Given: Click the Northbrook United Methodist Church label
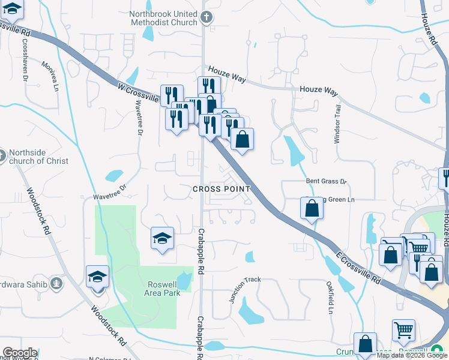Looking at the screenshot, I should tap(164, 18).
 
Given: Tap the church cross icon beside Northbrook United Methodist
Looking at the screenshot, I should tap(206, 17).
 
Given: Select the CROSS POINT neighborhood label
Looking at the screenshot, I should tap(221, 189).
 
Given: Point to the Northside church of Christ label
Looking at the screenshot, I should tap(39, 157).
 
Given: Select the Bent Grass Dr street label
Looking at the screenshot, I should tap(327, 181).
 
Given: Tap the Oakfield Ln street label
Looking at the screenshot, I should tap(330, 298).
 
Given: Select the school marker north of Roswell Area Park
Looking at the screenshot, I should tap(163, 239).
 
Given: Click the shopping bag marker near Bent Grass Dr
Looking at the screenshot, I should tap(312, 209).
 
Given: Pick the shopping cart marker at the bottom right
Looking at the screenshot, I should tap(403, 330).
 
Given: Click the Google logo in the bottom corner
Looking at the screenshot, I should tap(19, 353).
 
